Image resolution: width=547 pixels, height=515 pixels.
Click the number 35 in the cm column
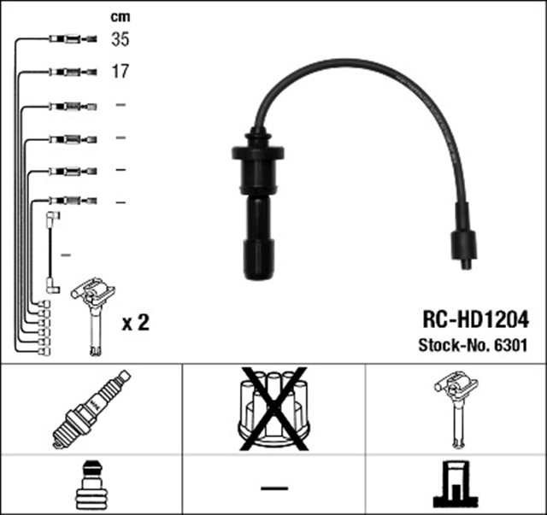(x=121, y=38)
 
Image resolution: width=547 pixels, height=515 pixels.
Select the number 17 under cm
(x=121, y=71)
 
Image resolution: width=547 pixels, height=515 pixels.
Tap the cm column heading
(x=121, y=15)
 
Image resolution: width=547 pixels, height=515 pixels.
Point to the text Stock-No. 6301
(x=473, y=346)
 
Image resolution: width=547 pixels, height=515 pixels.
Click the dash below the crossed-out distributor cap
(x=273, y=488)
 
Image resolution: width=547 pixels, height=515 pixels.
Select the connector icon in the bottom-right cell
(x=456, y=486)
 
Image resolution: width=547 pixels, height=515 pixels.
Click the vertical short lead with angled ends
(x=53, y=254)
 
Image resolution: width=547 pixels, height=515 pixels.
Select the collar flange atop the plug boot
(x=256, y=152)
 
